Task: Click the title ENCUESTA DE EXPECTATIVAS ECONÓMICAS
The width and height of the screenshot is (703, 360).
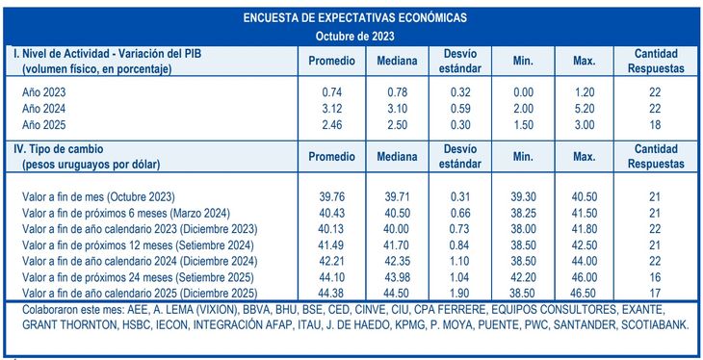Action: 353,18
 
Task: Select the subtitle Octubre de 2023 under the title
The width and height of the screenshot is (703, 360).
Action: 353,36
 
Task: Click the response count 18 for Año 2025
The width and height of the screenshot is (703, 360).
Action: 655,125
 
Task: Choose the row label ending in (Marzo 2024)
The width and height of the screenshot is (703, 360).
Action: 117,212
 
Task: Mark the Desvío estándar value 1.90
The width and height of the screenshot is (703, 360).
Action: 460,293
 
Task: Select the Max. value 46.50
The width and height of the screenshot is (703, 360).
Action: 584,293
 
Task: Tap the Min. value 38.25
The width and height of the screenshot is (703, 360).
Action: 523,212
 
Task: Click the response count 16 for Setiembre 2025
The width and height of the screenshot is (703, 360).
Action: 655,277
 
